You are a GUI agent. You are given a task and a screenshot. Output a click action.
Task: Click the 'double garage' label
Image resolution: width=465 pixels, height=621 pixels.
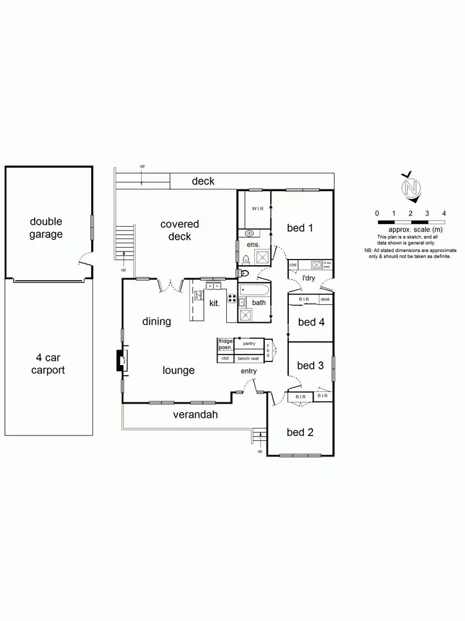(x=46, y=228)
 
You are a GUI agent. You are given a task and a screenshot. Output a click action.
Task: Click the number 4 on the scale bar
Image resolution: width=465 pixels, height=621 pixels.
(x=444, y=213)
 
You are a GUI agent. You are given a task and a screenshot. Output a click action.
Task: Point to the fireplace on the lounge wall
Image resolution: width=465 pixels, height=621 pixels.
(x=122, y=361)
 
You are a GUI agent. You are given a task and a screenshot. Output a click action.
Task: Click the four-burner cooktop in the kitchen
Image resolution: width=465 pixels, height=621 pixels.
(x=232, y=299)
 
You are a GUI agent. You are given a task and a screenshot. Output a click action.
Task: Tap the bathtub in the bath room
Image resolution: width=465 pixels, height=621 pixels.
(x=254, y=290)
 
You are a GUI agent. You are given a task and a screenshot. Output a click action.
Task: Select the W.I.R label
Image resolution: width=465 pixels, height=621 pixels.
(x=258, y=209)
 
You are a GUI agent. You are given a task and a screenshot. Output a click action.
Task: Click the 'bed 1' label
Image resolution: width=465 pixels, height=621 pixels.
(x=300, y=228)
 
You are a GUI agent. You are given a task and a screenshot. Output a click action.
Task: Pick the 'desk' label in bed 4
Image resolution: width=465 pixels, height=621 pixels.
(x=325, y=299)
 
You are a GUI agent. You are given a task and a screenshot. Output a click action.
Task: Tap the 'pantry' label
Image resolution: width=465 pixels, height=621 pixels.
(x=249, y=343)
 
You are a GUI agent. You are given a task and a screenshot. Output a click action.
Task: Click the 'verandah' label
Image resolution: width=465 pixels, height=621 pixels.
(x=196, y=415)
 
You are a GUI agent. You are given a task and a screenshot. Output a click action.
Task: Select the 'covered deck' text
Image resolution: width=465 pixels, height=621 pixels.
(x=180, y=230)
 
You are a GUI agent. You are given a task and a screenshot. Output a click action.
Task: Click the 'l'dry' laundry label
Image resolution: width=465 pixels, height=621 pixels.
(x=308, y=278)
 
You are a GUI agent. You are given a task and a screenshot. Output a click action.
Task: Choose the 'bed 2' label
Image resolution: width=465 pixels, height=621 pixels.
(x=300, y=432)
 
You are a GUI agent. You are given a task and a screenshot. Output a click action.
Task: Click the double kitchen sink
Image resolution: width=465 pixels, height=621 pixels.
(x=213, y=286)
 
